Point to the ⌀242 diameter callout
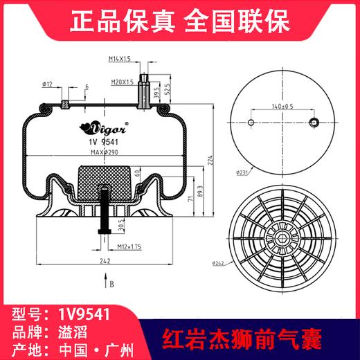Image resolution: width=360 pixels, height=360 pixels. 240,262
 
